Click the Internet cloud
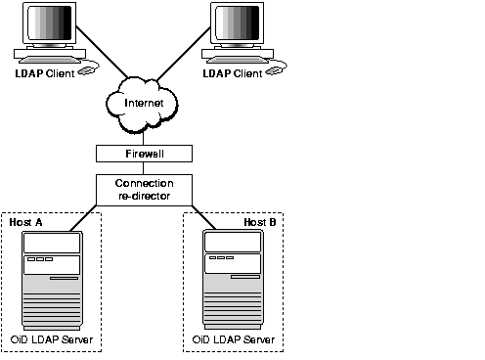point(145,104)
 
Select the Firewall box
point(145,153)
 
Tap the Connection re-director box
point(145,189)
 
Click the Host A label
point(26,222)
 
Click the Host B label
point(259,222)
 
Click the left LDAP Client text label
point(43,73)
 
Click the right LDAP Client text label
point(232,73)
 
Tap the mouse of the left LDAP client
point(88,70)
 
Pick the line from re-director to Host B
point(209,214)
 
